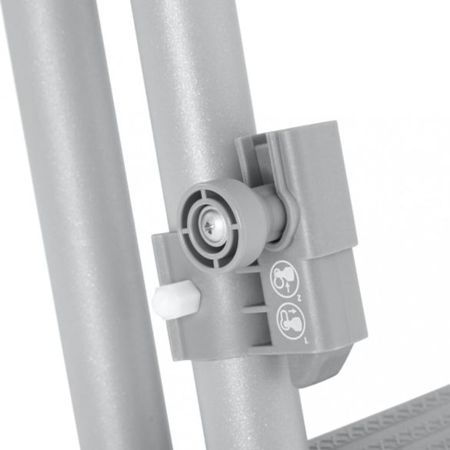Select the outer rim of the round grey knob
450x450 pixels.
tap(190, 202)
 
